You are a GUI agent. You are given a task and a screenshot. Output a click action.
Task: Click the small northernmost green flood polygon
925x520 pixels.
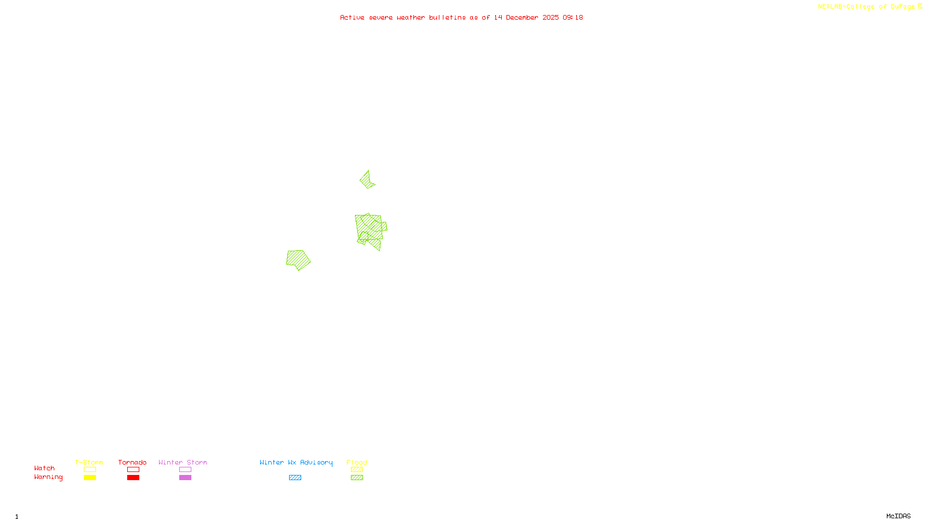367,180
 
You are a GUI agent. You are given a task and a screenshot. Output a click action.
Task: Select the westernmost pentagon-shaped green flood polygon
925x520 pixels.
298,259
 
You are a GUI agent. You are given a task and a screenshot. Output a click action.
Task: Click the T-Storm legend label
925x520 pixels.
89,462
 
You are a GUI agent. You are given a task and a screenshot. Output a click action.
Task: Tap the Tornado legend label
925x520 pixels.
132,462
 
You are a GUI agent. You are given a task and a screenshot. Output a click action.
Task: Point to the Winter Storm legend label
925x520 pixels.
183,462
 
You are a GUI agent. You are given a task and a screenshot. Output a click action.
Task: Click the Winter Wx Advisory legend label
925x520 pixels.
296,462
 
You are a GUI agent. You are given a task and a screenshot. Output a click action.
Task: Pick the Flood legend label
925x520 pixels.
357,462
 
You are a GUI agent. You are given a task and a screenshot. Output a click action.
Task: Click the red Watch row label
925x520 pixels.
45,468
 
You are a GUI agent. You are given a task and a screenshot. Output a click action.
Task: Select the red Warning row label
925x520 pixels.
49,477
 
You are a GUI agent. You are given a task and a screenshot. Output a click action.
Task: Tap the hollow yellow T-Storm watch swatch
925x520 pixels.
90,470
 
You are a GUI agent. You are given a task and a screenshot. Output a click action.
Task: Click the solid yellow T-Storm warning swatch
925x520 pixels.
90,478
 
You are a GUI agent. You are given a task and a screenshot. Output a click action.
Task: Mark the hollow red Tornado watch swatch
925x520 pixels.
133,470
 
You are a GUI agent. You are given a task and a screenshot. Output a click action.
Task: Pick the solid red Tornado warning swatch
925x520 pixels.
133,478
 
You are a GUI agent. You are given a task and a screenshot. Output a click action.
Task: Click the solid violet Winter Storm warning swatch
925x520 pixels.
185,478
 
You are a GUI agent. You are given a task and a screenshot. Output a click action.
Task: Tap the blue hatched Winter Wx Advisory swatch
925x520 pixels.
295,478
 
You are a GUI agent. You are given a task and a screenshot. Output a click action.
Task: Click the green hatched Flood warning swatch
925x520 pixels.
357,478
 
